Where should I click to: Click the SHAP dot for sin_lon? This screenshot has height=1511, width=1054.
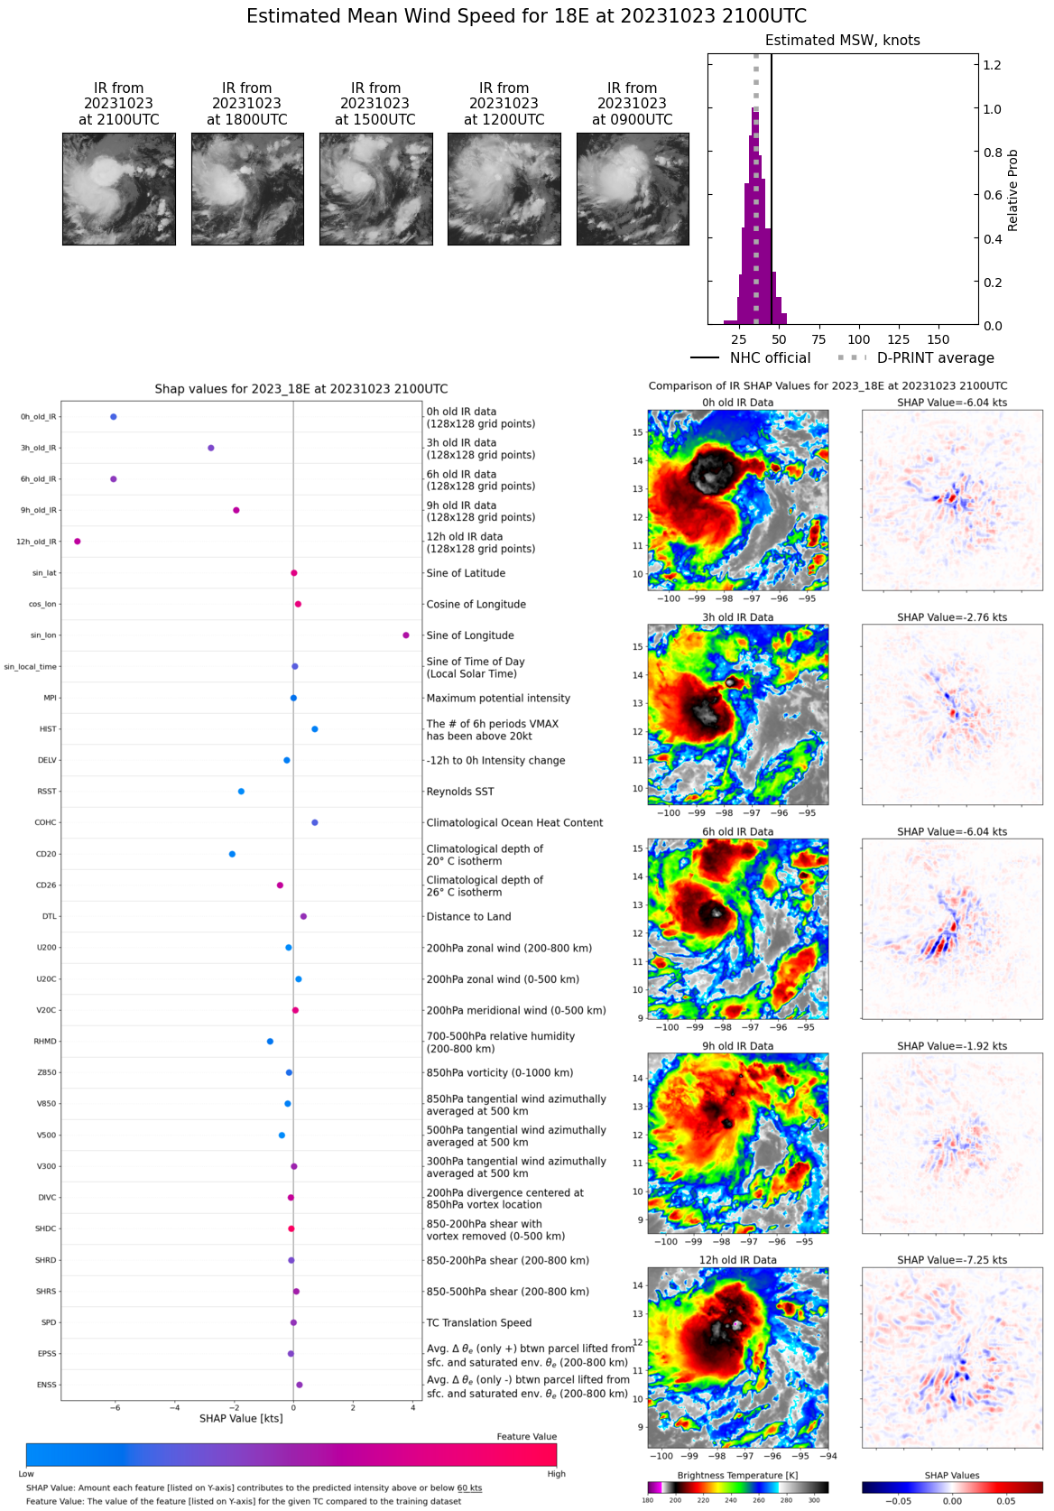406,635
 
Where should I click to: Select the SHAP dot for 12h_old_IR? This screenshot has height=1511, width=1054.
78,542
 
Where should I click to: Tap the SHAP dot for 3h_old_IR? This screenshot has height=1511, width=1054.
211,448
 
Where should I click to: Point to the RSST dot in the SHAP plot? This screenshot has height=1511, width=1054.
241,792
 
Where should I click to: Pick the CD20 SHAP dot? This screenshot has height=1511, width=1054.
232,854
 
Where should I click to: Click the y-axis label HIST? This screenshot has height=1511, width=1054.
48,729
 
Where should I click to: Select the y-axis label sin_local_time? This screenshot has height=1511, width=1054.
31,667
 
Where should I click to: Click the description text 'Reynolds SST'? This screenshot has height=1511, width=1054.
460,792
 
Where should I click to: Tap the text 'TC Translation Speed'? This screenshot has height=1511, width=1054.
479,1323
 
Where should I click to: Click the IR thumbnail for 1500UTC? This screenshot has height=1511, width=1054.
375,189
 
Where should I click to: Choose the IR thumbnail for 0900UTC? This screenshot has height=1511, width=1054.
633,189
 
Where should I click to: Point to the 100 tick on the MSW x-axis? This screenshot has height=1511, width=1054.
859,339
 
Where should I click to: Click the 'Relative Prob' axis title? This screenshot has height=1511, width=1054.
1012,190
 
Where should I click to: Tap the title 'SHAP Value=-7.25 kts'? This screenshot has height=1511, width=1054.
952,1260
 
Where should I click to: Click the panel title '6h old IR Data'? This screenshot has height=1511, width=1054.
737,832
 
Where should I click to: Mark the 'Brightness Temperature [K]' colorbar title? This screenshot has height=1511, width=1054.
737,1476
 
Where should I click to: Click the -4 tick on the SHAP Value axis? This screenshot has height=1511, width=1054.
174,1408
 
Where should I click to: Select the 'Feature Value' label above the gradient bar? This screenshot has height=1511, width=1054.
526,1437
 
